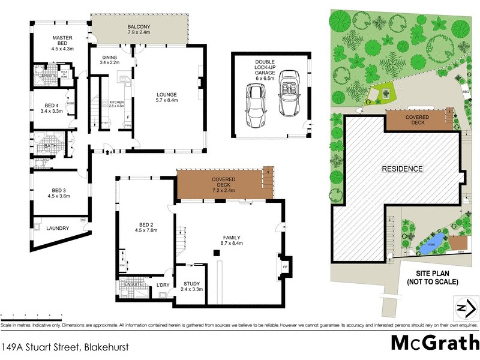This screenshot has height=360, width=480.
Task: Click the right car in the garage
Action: (289, 93)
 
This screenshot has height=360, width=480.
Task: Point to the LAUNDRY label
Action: (58, 228)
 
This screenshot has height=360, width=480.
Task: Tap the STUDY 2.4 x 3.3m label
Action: (193, 286)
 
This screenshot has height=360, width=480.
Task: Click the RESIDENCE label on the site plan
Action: (403, 169)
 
